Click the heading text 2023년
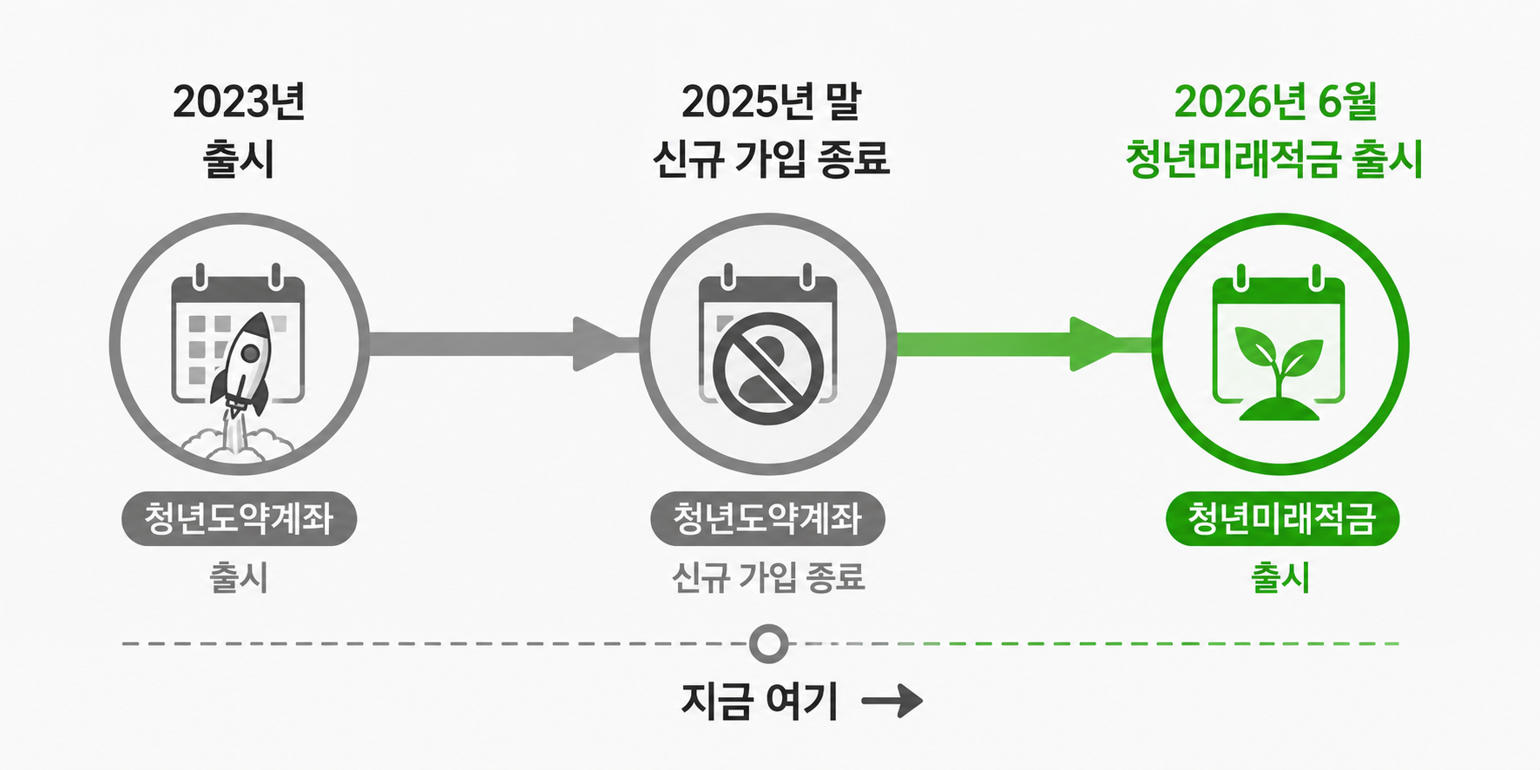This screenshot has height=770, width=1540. [239, 102]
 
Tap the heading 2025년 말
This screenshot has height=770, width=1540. [771, 102]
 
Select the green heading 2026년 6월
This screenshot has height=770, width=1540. [1275, 102]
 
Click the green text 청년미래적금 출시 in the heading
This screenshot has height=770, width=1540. [1274, 159]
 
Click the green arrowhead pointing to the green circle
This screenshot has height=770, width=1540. [1097, 344]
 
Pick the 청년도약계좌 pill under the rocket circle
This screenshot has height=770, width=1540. [239, 519]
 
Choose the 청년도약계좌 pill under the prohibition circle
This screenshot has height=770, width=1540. [767, 519]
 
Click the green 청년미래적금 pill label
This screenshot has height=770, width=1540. [1282, 519]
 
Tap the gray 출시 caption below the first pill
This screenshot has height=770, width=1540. [239, 577]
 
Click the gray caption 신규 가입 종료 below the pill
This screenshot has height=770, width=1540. [768, 577]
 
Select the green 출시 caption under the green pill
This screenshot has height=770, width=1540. [1280, 577]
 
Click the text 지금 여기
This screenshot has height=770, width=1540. [760, 701]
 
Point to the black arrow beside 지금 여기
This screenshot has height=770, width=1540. [892, 701]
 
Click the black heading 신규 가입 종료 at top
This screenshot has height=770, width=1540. [771, 159]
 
